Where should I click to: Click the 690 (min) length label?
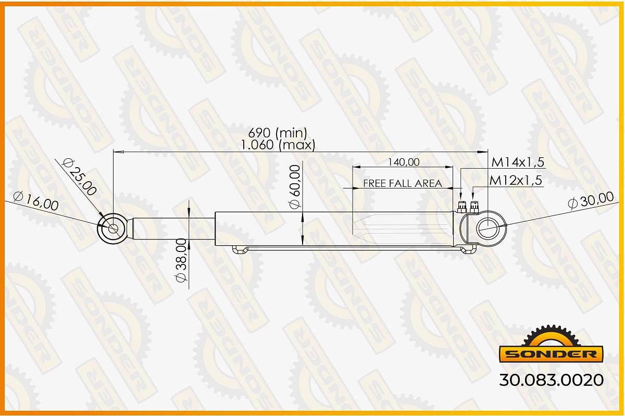point(278,133)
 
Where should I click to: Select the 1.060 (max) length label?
point(278,145)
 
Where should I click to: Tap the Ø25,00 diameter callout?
point(80,177)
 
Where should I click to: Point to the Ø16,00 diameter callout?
point(36,201)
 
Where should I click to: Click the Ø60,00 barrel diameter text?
point(295,187)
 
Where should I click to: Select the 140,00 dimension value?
point(404,162)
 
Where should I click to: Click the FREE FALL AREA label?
point(403,183)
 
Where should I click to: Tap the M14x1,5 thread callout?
point(518,162)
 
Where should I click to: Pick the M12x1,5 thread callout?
point(516,180)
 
